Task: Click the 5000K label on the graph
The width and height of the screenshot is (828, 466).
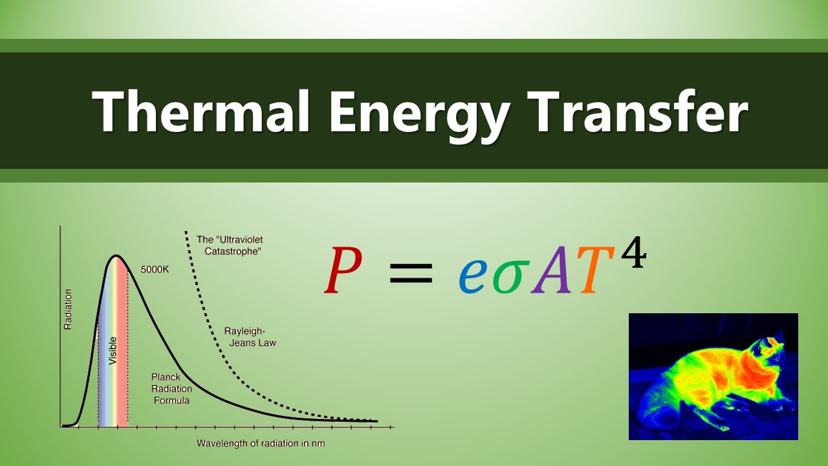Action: coord(155,269)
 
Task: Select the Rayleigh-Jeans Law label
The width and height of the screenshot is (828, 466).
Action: coord(250,337)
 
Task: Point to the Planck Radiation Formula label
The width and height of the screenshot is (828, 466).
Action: coord(171,388)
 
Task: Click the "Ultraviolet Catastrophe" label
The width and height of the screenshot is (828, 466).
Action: coord(230,245)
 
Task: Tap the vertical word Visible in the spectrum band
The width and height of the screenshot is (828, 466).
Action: coord(113,349)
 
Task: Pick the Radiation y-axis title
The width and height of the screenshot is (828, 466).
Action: coord(68,309)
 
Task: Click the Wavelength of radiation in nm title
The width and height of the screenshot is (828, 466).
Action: coord(261,443)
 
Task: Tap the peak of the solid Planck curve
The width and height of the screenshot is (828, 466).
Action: coord(116,256)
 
